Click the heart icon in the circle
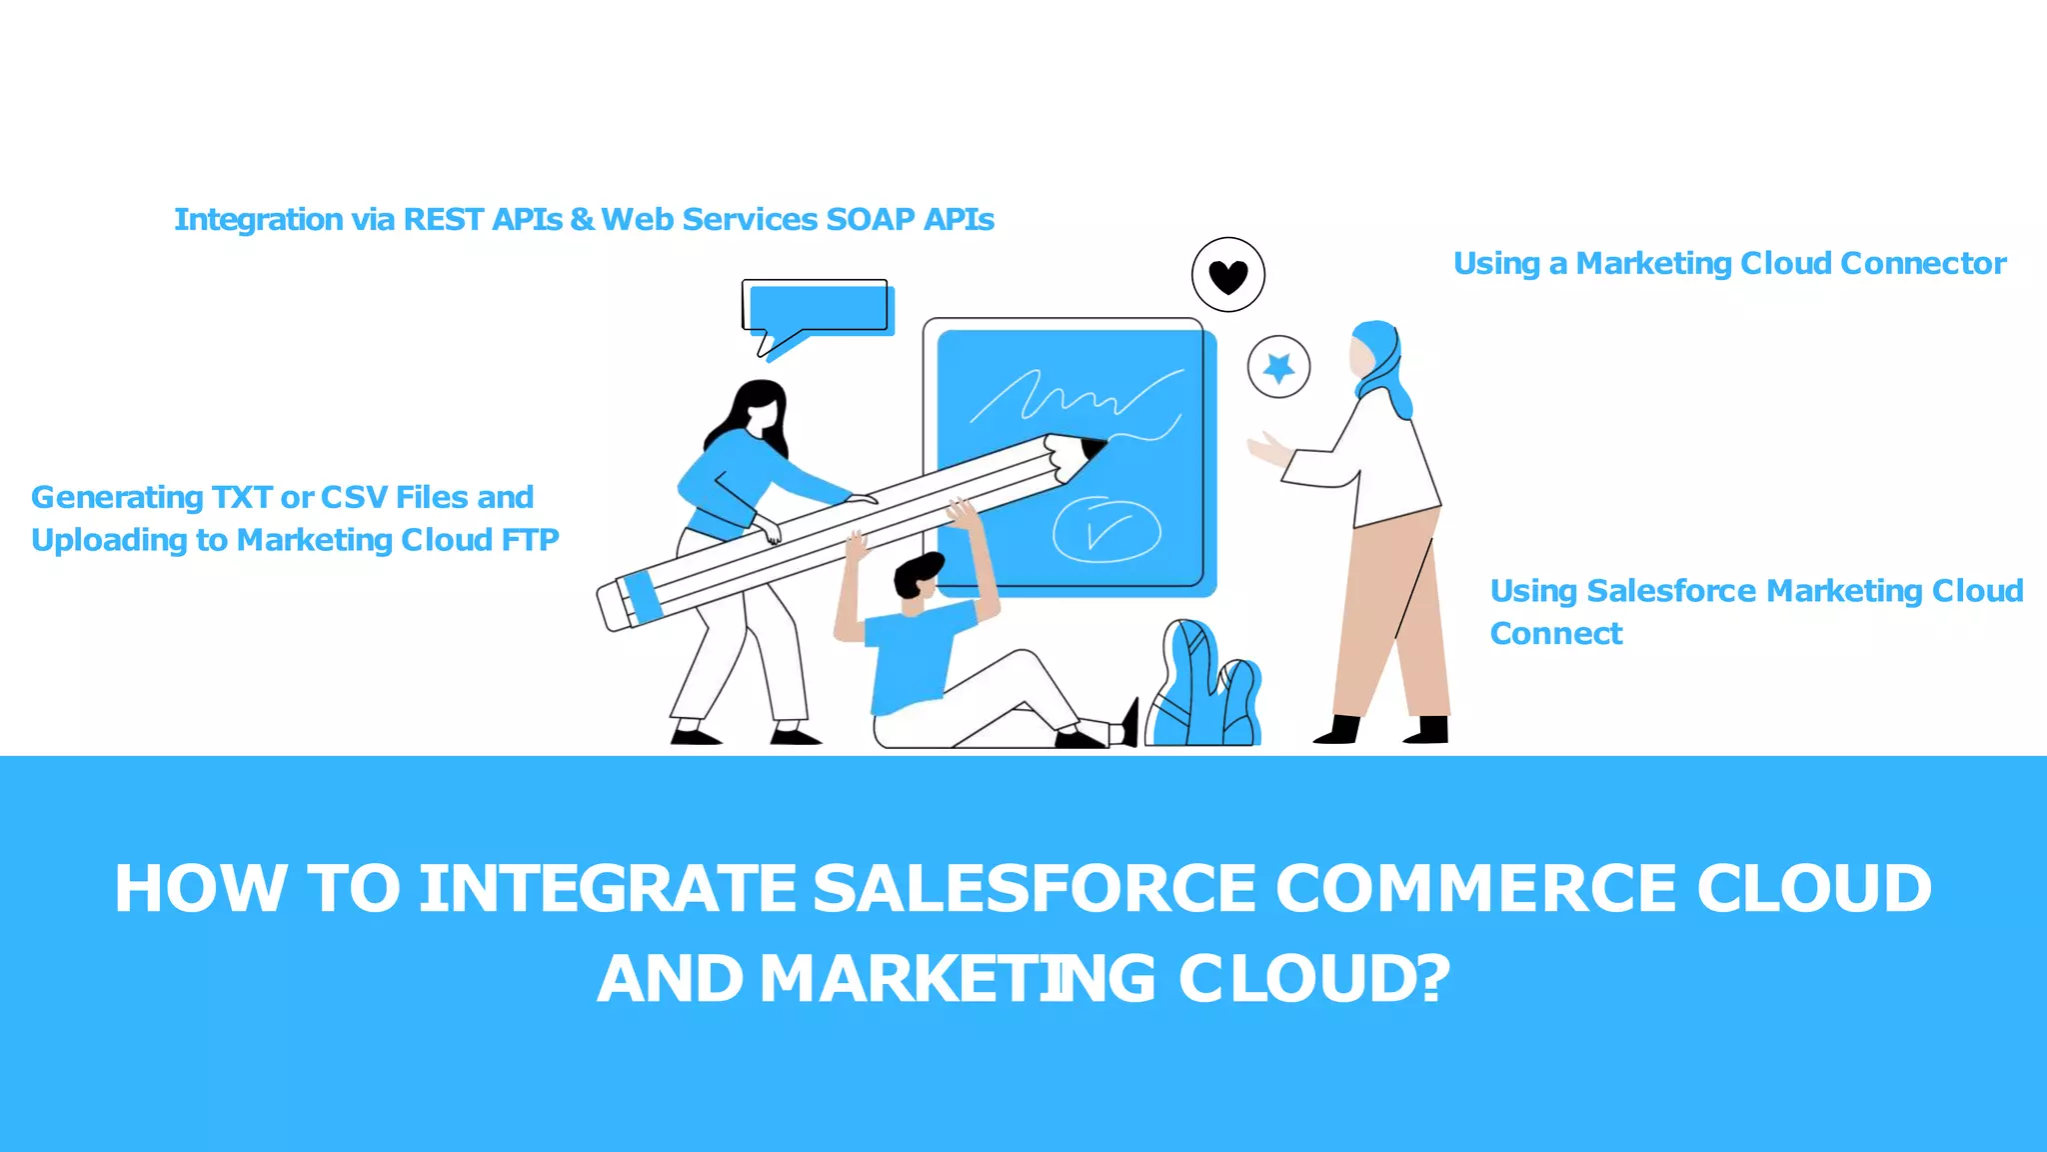pyautogui.click(x=1227, y=275)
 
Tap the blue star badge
pyautogui.click(x=1278, y=368)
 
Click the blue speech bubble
pyautogui.click(x=818, y=309)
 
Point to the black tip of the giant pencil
pyautogui.click(x=1093, y=449)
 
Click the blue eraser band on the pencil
pyautogui.click(x=642, y=596)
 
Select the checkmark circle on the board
pyautogui.click(x=1106, y=529)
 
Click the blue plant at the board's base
pyautogui.click(x=1204, y=690)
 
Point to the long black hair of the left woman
pyautogui.click(x=745, y=410)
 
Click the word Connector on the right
pyautogui.click(x=1922, y=263)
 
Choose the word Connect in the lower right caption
pyautogui.click(x=1555, y=633)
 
